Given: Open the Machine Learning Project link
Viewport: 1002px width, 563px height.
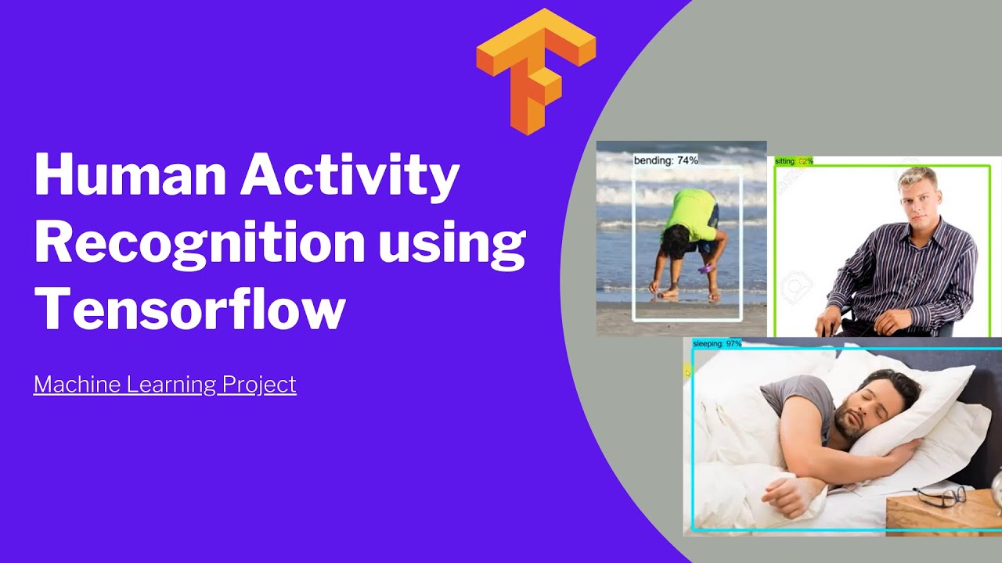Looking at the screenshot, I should [164, 384].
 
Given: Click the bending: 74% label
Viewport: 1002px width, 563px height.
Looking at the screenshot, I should [665, 160].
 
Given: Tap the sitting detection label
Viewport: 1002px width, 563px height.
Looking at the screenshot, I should [794, 161].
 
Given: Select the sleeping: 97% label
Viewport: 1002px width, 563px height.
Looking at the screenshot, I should [716, 343].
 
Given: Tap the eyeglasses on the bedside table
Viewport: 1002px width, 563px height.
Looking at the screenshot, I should [939, 494].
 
